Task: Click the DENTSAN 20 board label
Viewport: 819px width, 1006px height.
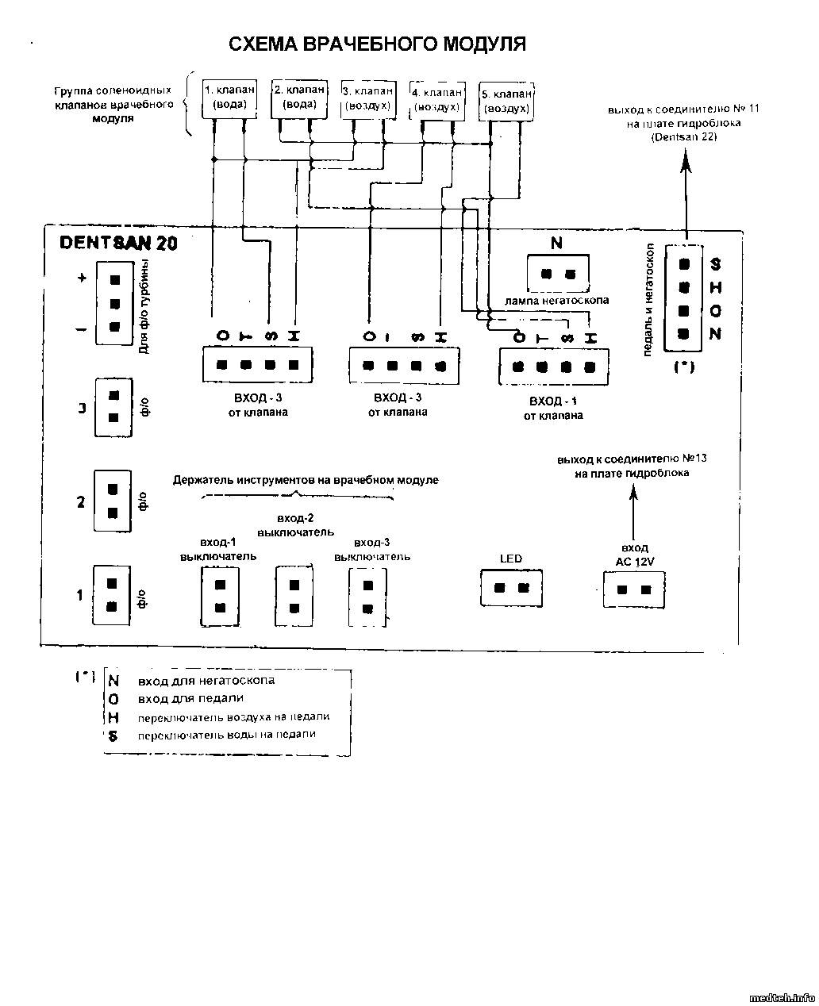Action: [x=118, y=243]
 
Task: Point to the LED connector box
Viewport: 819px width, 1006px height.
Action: [x=511, y=588]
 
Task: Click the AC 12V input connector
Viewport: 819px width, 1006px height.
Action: [x=634, y=589]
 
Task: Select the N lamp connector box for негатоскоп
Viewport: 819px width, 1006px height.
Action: [x=557, y=275]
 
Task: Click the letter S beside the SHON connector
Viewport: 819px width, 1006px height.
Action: [x=715, y=264]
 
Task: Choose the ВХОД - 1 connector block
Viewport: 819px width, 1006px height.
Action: [x=553, y=367]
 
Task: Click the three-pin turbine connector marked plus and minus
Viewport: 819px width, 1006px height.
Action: [x=114, y=302]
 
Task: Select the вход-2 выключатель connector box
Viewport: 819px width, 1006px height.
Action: [x=294, y=596]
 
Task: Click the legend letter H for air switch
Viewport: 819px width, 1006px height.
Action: [x=113, y=716]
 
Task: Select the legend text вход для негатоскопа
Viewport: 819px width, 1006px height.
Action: [x=206, y=681]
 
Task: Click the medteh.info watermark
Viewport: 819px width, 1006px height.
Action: [x=782, y=996]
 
